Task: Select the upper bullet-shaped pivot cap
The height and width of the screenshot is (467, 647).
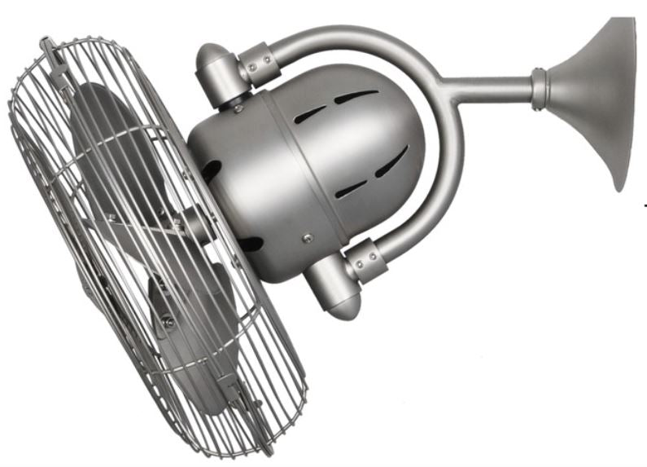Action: [213, 69]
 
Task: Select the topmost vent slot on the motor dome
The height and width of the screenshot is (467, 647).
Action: [355, 95]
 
